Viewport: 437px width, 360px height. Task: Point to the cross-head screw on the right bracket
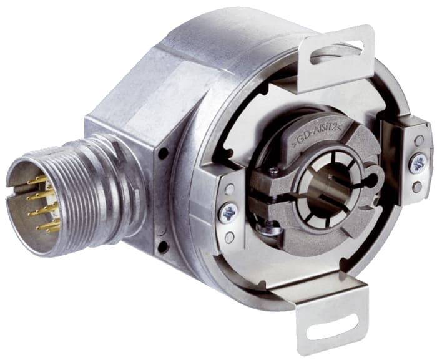tap(417, 163)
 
